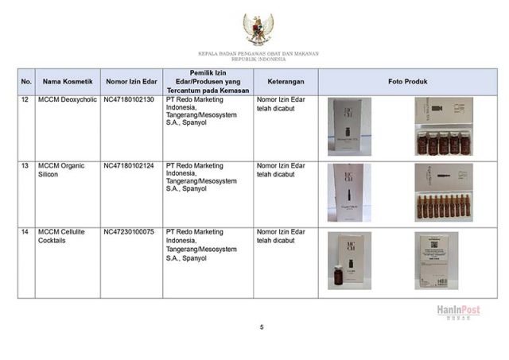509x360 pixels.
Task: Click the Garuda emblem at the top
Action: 256,29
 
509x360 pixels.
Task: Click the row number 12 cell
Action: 25,101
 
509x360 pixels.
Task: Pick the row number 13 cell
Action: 25,166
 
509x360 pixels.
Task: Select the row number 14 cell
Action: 25,232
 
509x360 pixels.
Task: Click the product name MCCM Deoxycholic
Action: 66,101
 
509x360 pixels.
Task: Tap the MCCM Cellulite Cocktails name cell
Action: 62,236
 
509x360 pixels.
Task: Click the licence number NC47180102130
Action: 129,101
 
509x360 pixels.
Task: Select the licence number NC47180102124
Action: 129,166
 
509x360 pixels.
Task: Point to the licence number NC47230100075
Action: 129,232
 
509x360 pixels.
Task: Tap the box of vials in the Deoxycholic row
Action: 443,127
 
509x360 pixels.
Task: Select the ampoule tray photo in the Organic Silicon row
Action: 443,192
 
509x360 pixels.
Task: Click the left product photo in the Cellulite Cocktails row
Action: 348,261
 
